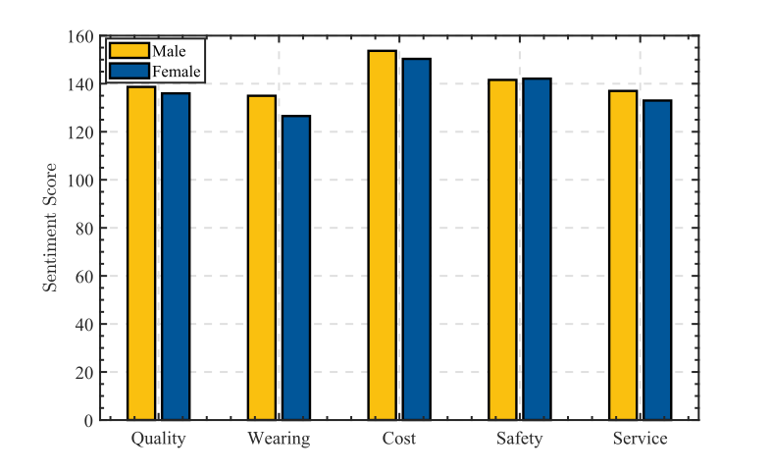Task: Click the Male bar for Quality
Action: [x=141, y=253]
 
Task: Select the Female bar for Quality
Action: [x=176, y=256]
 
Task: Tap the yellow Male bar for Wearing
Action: [x=262, y=257]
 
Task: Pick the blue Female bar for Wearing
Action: [x=296, y=268]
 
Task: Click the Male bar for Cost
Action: [x=383, y=236]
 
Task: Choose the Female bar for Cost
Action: [x=417, y=239]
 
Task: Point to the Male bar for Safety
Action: [x=502, y=249]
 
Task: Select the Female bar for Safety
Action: [x=537, y=249]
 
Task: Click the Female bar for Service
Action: [x=657, y=260]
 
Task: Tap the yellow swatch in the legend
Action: [x=129, y=50]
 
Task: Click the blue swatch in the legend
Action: [x=129, y=71]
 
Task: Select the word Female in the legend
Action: [x=176, y=72]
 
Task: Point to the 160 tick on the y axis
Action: [x=81, y=37]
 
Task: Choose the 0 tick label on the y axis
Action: [x=89, y=421]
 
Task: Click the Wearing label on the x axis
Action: [x=279, y=439]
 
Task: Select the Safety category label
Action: [x=519, y=439]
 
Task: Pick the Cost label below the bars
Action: [x=399, y=439]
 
